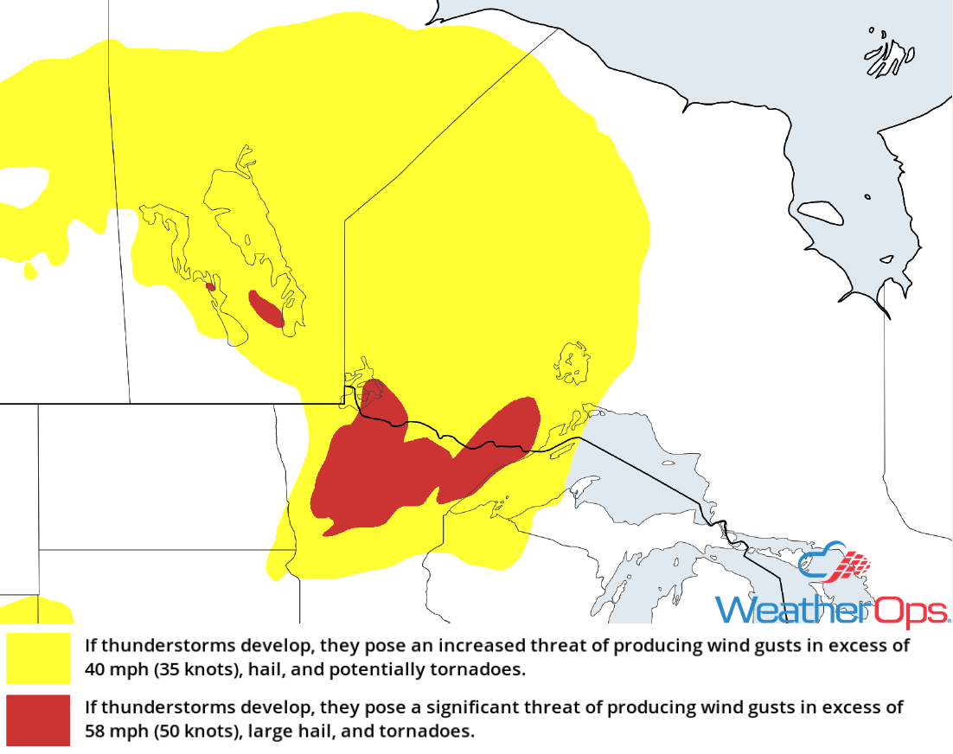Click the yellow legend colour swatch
click(x=38, y=658)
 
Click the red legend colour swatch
click(x=38, y=719)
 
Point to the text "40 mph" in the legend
click(x=113, y=669)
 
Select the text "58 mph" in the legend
click(x=113, y=731)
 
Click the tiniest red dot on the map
click(x=210, y=286)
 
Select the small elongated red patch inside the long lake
click(x=265, y=309)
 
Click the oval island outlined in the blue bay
click(x=819, y=212)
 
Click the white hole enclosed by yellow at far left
click(x=22, y=184)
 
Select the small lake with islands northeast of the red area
click(x=572, y=362)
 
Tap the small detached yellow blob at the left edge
click(x=30, y=271)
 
